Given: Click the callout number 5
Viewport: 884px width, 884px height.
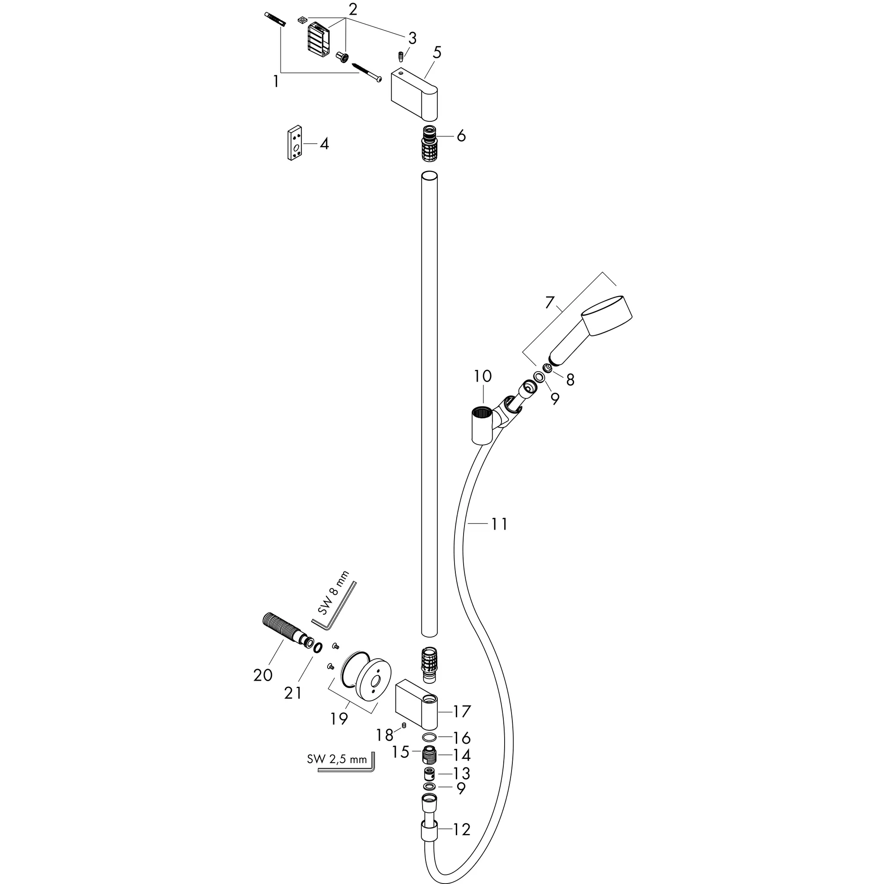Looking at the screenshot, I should click(437, 53).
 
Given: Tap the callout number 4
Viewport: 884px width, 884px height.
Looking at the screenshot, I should click(324, 144).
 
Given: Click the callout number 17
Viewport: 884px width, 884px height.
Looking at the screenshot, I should click(462, 711).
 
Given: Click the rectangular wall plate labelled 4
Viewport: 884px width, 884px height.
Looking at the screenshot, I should click(296, 144).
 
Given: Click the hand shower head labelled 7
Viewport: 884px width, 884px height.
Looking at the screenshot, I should click(590, 334).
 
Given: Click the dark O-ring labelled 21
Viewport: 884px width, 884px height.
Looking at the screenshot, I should click(318, 647).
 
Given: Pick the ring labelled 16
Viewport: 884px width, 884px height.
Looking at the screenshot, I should click(429, 738).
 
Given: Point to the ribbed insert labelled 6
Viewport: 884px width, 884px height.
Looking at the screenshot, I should click(429, 142).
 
